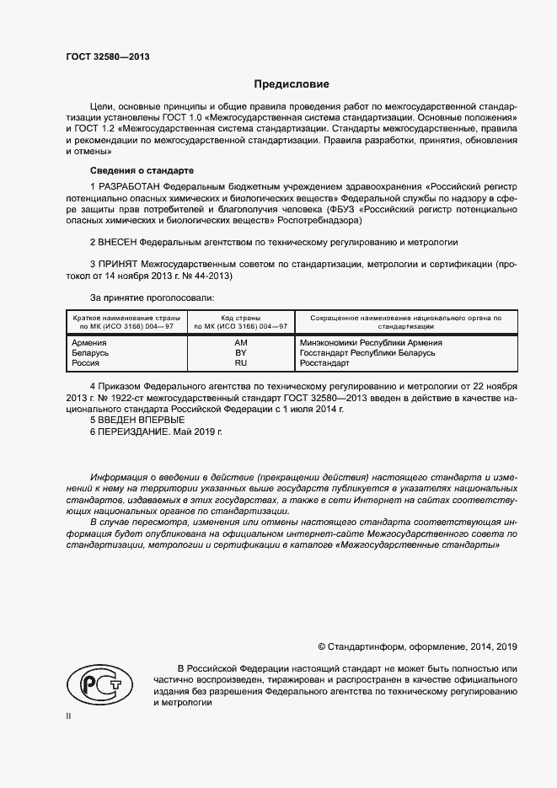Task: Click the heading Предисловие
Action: click(292, 84)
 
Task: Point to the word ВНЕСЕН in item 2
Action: click(118, 241)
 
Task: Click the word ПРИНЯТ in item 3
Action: click(118, 264)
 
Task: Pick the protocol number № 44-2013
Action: click(207, 276)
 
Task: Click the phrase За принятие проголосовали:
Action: click(152, 298)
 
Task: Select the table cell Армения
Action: click(89, 343)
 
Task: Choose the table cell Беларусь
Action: click(91, 352)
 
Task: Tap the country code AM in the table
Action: click(240, 343)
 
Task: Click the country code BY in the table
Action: click(240, 352)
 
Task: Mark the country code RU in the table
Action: click(240, 362)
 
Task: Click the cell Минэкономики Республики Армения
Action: click(371, 343)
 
